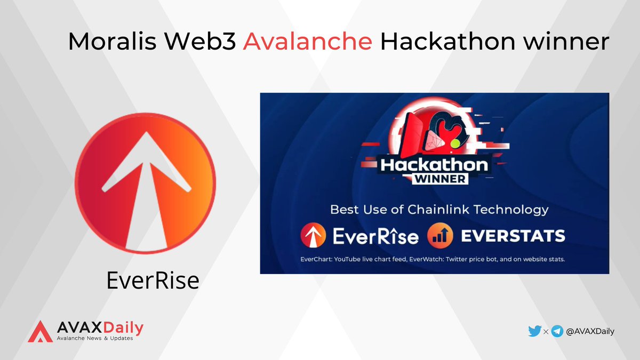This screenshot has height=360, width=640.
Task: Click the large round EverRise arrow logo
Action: [145, 183]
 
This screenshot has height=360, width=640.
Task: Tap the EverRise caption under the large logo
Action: [153, 281]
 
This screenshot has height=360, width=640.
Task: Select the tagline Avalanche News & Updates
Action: [94, 339]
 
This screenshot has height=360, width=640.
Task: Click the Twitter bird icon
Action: [534, 331]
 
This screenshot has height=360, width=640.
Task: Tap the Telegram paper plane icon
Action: [557, 331]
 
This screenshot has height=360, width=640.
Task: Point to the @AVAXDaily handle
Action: [590, 331]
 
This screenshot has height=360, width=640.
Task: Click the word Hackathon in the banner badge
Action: [433, 165]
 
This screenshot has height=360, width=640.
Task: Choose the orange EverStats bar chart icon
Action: [439, 235]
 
